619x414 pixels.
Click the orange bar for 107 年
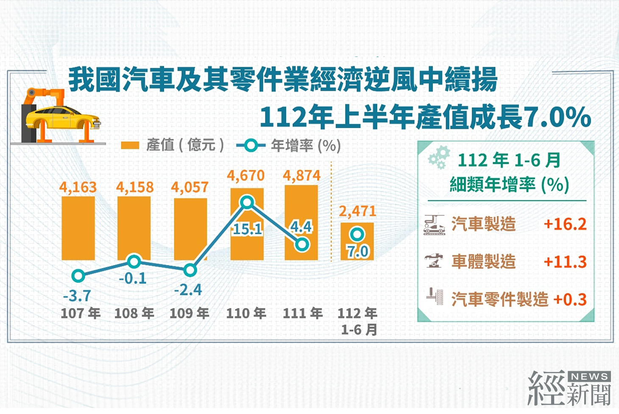point(78,228)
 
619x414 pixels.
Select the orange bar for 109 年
point(190,229)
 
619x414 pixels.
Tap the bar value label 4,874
point(301,176)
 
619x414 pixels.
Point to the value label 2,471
point(357,211)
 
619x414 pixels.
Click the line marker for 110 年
point(247,202)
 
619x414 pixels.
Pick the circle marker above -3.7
point(78,275)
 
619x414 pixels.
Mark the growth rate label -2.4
point(188,290)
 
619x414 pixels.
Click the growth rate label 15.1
point(247,229)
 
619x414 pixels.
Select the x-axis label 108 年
point(134,313)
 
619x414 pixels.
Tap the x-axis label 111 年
point(303,313)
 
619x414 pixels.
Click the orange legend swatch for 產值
point(130,145)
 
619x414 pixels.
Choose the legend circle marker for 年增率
point(251,145)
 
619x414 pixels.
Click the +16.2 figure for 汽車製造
point(565,224)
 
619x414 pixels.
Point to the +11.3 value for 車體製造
point(565,262)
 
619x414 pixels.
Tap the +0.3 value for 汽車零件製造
point(570,299)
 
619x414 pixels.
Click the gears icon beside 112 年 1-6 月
point(439,157)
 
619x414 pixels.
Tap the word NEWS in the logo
point(589,377)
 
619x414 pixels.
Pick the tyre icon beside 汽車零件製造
point(435,296)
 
